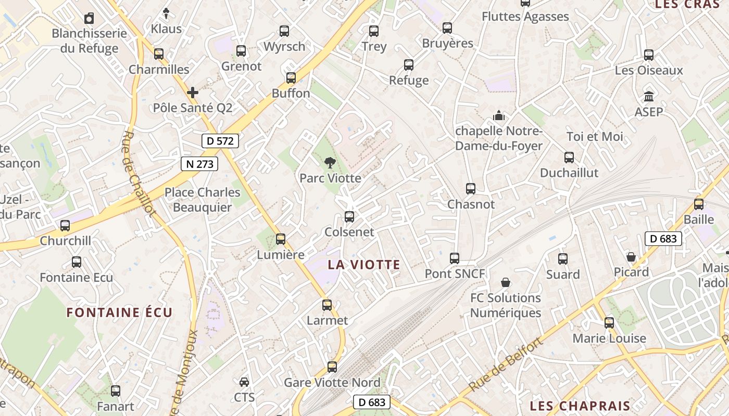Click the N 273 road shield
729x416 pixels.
[199, 164]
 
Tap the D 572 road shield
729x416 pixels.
[220, 140]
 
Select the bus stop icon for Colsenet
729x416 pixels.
[349, 217]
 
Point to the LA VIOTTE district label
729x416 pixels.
[364, 265]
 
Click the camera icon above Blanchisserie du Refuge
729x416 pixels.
[89, 19]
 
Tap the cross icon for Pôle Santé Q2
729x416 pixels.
[193, 93]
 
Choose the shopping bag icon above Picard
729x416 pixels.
[631, 257]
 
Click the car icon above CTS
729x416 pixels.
[244, 382]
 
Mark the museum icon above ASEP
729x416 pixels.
[649, 97]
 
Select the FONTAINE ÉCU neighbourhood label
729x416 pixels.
[119, 313]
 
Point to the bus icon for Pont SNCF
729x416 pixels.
[455, 258]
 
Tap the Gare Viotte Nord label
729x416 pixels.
[332, 383]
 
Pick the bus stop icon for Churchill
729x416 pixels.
[65, 226]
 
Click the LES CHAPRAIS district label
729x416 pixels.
[580, 406]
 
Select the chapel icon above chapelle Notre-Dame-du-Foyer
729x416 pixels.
[499, 115]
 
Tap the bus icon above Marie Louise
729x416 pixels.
[609, 323]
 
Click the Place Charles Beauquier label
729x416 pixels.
[203, 200]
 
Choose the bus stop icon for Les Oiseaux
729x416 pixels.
[649, 55]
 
